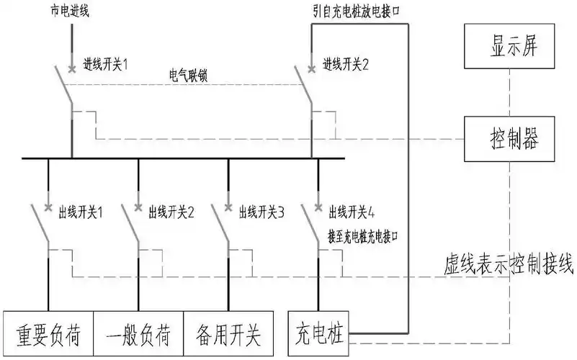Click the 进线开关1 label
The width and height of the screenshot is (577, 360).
(105, 64)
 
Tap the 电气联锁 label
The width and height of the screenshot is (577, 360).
(189, 76)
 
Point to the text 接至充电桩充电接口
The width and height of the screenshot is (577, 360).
(363, 235)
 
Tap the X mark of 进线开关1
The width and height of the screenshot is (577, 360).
(71, 70)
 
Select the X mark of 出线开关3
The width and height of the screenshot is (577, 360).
(229, 209)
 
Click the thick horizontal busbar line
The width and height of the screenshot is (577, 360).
(180, 158)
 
